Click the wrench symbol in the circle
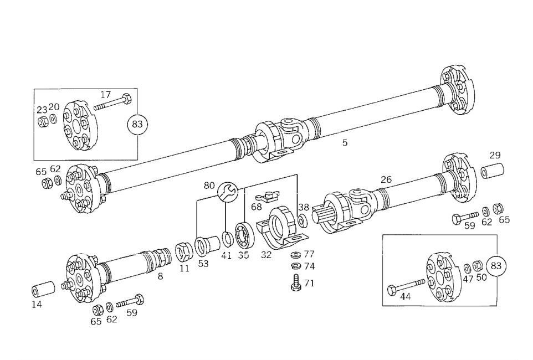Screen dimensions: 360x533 [x=228, y=192]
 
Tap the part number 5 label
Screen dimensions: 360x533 [x=345, y=143]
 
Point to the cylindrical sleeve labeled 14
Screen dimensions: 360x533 [x=43, y=290]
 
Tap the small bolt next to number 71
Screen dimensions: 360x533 [x=295, y=283]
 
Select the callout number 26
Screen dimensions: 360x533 [x=386, y=179]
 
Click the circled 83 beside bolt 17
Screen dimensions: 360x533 [x=137, y=124]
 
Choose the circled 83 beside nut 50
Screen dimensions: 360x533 [x=496, y=266]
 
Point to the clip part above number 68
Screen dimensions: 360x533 [x=269, y=196]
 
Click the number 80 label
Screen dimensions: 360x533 [x=209, y=185]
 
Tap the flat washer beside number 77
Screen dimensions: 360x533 [x=295, y=255]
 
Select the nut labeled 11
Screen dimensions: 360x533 [x=183, y=252]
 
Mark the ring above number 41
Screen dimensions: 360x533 [x=227, y=239]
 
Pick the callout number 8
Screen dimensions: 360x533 [x=160, y=275]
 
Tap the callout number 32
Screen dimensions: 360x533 [x=266, y=255]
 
